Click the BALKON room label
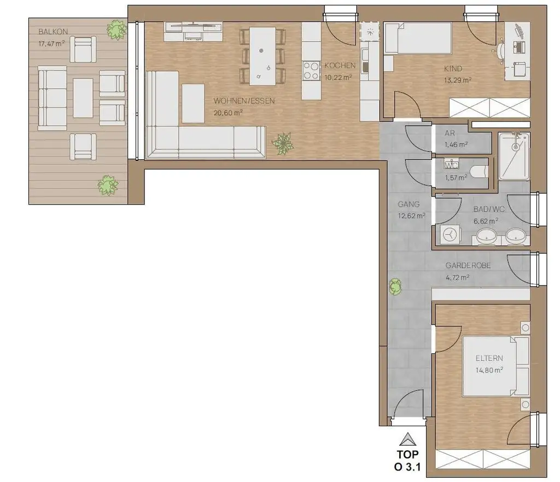click(x=49, y=32)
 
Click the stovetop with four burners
click(x=311, y=70)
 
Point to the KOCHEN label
click(x=340, y=66)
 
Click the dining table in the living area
click(x=262, y=56)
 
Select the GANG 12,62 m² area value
click(x=412, y=215)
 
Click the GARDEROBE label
click(x=468, y=265)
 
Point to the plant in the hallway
click(x=395, y=286)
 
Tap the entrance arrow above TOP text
click(x=406, y=440)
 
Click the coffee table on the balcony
click(x=83, y=98)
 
